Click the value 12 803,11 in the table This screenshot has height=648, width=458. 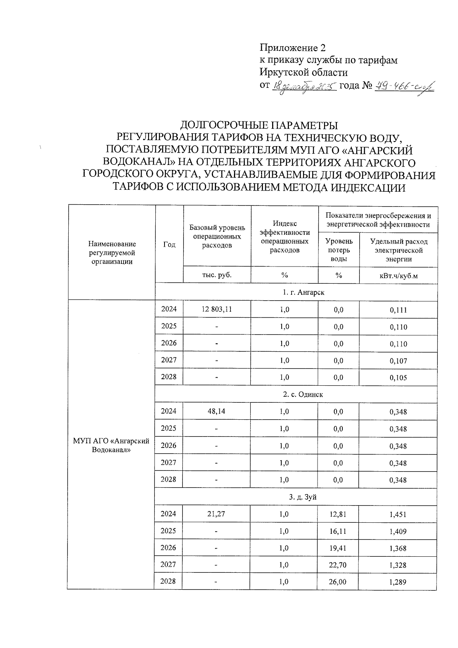pyautogui.click(x=217, y=309)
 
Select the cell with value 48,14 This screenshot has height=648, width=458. pyautogui.click(x=217, y=412)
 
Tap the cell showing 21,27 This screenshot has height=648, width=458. pyautogui.click(x=217, y=514)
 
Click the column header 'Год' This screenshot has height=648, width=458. pyautogui.click(x=169, y=244)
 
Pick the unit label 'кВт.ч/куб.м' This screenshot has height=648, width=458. pyautogui.click(x=398, y=276)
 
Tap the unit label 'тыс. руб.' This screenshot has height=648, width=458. pyautogui.click(x=217, y=275)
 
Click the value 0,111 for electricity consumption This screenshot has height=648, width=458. pyautogui.click(x=398, y=310)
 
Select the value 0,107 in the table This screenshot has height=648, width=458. pyautogui.click(x=398, y=361)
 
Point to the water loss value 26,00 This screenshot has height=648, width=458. pyautogui.click(x=338, y=582)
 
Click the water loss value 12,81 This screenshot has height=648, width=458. pyautogui.click(x=338, y=514)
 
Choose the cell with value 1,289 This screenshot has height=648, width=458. pyautogui.click(x=398, y=582)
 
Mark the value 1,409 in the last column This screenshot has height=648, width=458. pyautogui.click(x=398, y=532)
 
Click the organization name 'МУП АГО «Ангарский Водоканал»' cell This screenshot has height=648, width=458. pyautogui.click(x=111, y=445)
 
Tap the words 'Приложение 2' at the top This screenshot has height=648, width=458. pyautogui.click(x=293, y=48)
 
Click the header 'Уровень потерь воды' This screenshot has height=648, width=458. pyautogui.click(x=339, y=250)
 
